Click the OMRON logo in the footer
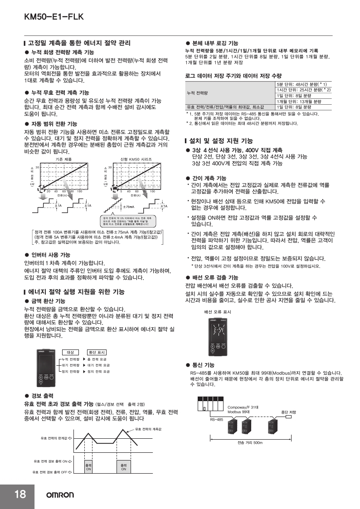pos(59,495)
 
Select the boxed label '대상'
pos(70,352)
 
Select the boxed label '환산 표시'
pos(97,352)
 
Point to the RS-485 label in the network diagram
pos(216,420)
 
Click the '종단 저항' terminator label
pos(288,412)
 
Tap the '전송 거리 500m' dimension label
pos(250,442)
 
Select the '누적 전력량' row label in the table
pos(198,93)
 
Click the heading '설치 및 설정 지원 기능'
pos(220,141)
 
